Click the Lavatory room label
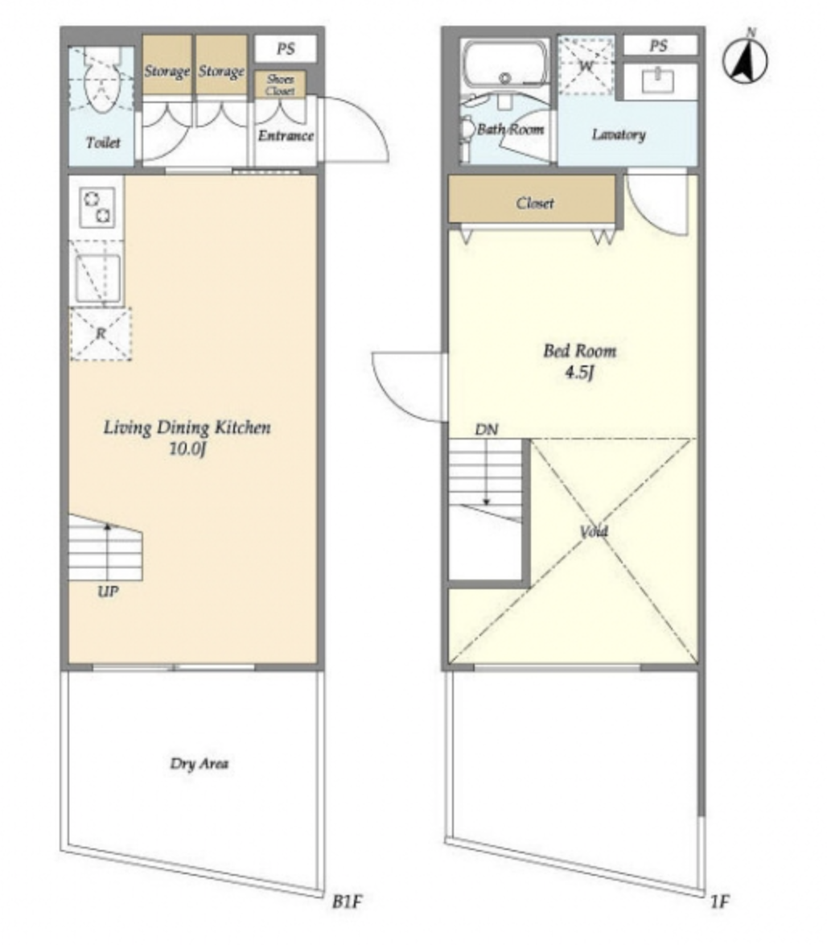tap(619, 134)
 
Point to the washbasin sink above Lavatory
tap(658, 80)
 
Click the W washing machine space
tap(586, 66)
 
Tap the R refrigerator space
tap(101, 334)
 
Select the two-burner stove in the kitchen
tap(97, 207)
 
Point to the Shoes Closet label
tap(281, 85)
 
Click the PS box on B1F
tap(286, 49)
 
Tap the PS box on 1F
tap(660, 45)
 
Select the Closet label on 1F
tap(535, 203)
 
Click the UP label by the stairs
tap(108, 592)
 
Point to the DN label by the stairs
tap(487, 430)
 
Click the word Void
tap(594, 531)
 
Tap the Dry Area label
tap(200, 764)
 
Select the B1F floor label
tap(348, 902)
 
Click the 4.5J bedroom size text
tap(579, 373)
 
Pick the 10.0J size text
tap(187, 449)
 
